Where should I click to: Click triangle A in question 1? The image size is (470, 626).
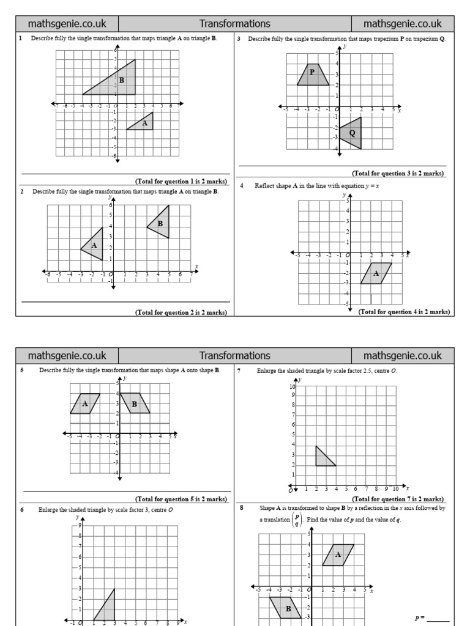pyautogui.click(x=144, y=123)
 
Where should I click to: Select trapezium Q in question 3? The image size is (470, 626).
pyautogui.click(x=353, y=133)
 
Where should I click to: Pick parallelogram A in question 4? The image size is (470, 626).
pyautogui.click(x=376, y=273)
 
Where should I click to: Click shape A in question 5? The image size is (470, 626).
pyautogui.click(x=85, y=403)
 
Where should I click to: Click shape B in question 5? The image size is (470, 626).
pyautogui.click(x=135, y=403)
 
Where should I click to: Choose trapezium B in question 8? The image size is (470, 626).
pyautogui.click(x=286, y=608)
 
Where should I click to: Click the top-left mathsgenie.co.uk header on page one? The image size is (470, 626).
pyautogui.click(x=67, y=24)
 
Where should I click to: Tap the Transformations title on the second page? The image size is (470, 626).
pyautogui.click(x=234, y=355)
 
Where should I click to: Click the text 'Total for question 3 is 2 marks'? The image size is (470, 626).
pyautogui.click(x=398, y=174)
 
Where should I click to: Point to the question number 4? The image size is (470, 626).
pyautogui.click(x=242, y=186)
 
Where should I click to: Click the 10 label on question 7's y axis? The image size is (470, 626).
pyautogui.click(x=293, y=387)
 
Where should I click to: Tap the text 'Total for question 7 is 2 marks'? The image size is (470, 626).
pyautogui.click(x=398, y=499)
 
